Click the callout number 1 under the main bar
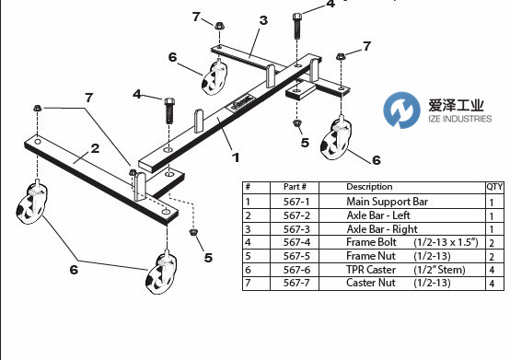coord(236,157)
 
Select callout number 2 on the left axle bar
coord(95,148)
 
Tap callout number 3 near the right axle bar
coord(263,20)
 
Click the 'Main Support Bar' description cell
coord(387,202)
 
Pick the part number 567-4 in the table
coord(296,242)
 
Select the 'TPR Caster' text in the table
coord(371,270)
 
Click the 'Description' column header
coord(369,187)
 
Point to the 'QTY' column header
coord(494,187)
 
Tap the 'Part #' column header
coord(295,187)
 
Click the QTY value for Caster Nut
coord(492,284)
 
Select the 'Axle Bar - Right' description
coord(382,229)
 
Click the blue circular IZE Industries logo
coord(401,110)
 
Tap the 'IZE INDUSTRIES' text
coord(460,119)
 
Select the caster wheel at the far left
coord(32,203)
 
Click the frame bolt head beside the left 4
coord(169,101)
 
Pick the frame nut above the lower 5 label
coord(193,232)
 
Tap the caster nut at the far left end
coord(38,108)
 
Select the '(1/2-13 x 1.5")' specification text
coord(446,242)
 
